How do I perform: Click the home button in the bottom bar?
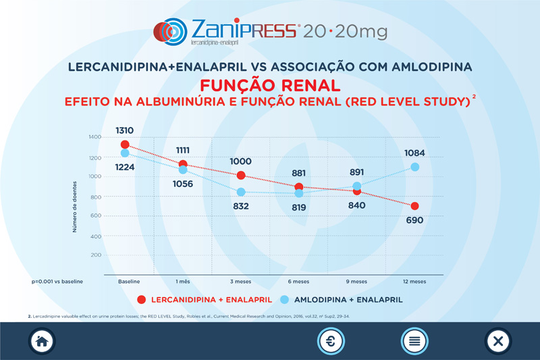tap(41, 341)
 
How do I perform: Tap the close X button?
tap(498, 341)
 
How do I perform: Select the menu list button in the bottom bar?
tap(414, 341)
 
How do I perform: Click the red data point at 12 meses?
tap(414, 206)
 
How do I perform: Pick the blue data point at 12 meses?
tap(414, 167)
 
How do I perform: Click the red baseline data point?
tap(124, 145)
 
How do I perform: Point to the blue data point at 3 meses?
tap(240, 192)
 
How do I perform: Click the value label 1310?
tap(124, 130)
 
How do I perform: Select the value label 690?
tap(414, 220)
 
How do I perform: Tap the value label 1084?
tap(414, 153)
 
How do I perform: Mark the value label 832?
tap(240, 207)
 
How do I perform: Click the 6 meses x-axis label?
tap(298, 282)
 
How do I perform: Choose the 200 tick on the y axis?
tap(96, 255)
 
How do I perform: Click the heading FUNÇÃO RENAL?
tap(269, 86)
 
